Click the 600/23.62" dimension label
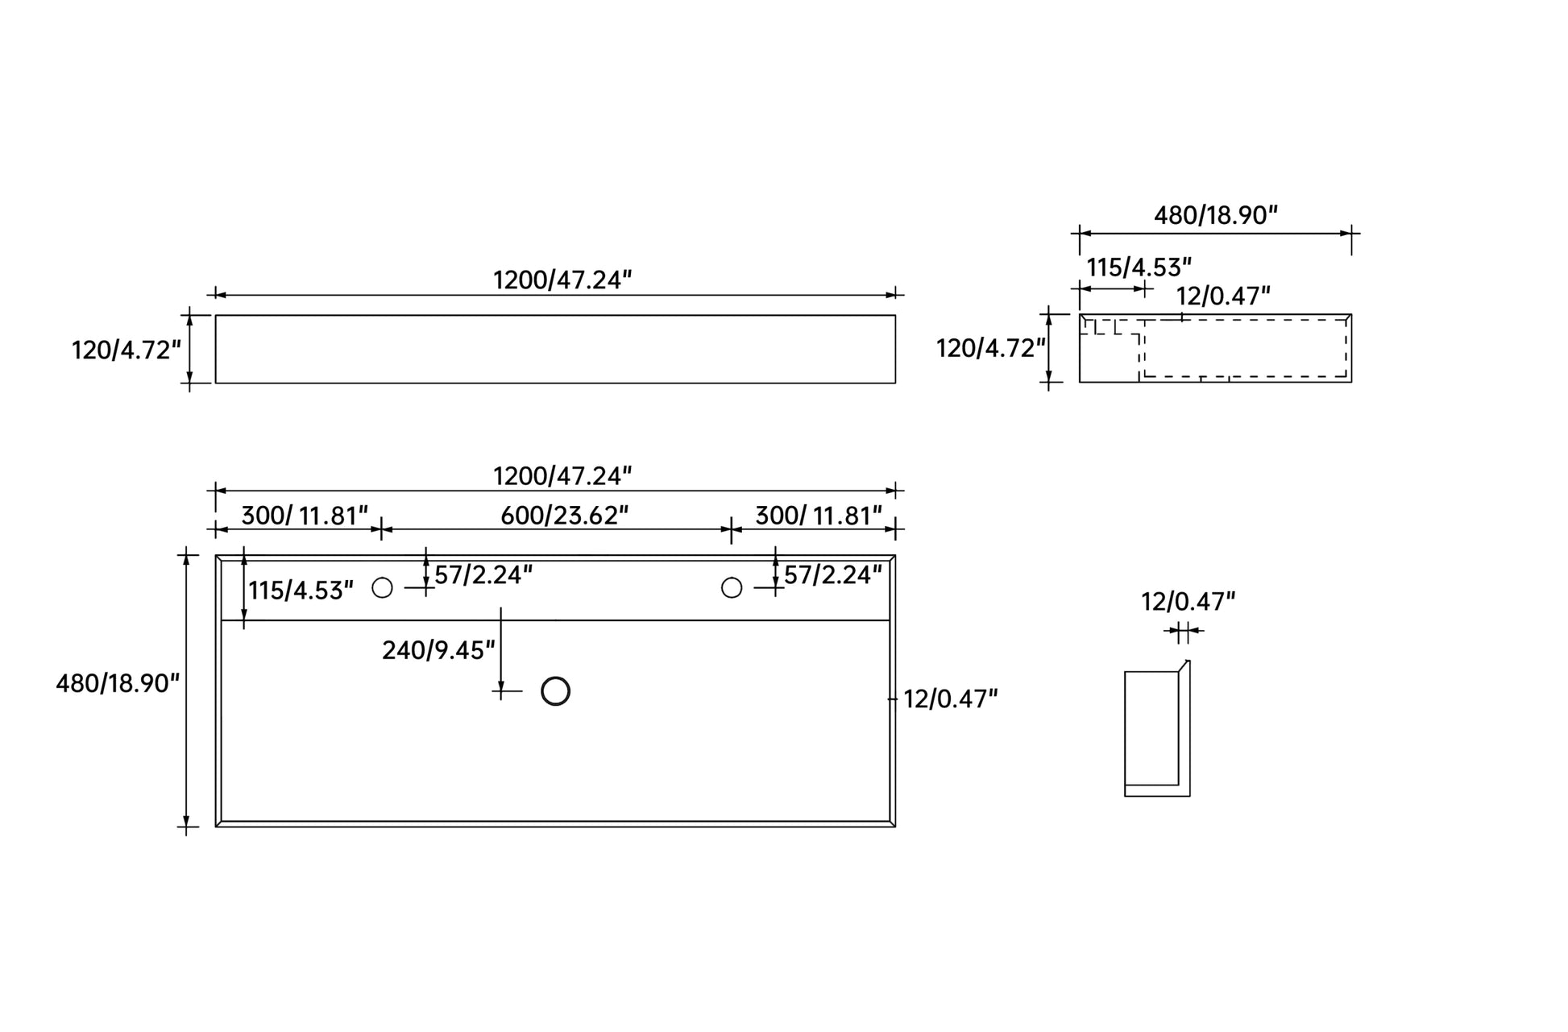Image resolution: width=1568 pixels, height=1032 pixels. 565,515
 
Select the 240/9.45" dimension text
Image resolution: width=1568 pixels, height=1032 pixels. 439,650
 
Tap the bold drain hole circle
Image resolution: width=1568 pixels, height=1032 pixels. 556,691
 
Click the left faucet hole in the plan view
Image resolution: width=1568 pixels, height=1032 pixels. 383,588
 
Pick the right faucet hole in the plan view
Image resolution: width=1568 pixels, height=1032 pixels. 732,588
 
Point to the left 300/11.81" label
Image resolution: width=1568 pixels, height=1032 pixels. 305,515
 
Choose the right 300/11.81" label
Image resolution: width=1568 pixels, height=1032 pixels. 819,515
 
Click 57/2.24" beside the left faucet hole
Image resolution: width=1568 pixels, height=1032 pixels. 483,575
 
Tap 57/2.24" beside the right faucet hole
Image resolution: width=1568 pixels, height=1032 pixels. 833,575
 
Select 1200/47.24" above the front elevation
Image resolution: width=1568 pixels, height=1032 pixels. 562,280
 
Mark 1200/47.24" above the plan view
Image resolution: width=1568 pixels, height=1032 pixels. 562,476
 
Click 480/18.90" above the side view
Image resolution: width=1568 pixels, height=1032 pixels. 1217,215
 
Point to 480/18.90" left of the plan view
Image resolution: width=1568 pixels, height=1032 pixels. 118,683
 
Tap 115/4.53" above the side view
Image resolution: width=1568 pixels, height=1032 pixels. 1139,267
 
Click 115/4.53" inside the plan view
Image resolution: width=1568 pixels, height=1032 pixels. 301,591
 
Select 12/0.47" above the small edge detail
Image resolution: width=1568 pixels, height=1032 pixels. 1188,602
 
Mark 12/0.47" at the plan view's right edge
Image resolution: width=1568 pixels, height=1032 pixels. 951,699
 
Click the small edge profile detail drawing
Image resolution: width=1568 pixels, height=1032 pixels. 1157,728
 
